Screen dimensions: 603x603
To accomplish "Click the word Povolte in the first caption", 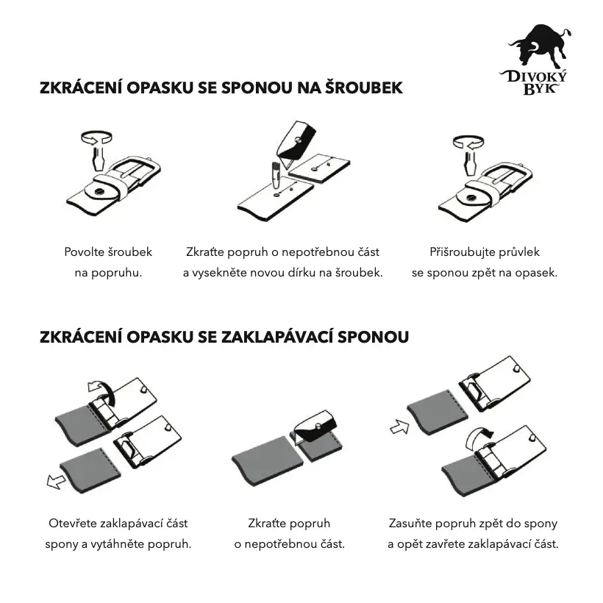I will [86, 252].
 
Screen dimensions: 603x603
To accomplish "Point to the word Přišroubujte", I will [462, 252].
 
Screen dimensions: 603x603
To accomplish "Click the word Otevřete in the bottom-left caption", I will [74, 524].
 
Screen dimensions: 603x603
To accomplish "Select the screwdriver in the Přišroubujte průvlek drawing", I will [468, 160].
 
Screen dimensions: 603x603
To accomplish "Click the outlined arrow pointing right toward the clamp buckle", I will [399, 427].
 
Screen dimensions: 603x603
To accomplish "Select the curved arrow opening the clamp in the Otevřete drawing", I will [99, 389].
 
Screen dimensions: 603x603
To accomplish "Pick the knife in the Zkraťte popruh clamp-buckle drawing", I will [315, 429].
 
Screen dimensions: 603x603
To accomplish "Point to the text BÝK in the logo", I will [539, 89].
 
